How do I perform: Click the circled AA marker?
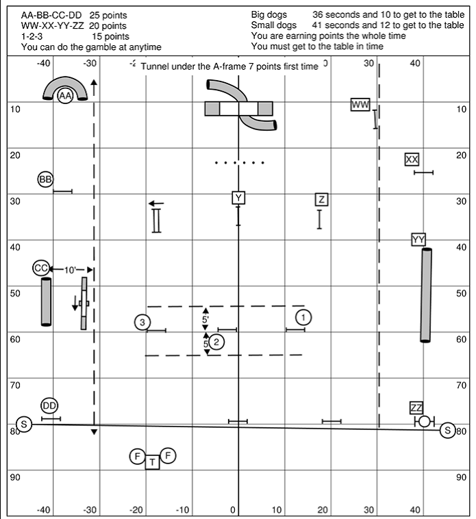[x=66, y=97]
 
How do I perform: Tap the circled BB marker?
[x=45, y=179]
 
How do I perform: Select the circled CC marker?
[x=41, y=268]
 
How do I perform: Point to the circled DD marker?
[x=49, y=406]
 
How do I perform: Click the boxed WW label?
[x=360, y=105]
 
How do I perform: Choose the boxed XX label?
[x=412, y=160]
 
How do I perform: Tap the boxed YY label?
[x=419, y=239]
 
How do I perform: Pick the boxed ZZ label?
[x=416, y=408]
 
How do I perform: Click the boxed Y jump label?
[x=238, y=198]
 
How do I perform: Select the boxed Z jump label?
[x=321, y=199]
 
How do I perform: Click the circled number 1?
[x=303, y=316]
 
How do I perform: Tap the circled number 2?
[x=216, y=342]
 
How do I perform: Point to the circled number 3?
[x=142, y=322]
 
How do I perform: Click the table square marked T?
[x=152, y=462]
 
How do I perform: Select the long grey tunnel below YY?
[x=426, y=294]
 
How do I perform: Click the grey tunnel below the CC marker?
[x=46, y=301]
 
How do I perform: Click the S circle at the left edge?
[x=25, y=425]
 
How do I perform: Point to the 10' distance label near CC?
[x=71, y=270]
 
